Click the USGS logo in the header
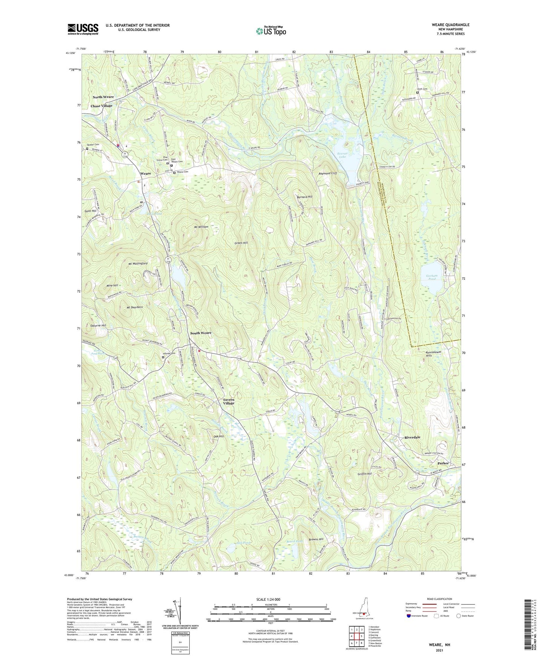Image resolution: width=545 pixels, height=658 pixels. click(x=83, y=29)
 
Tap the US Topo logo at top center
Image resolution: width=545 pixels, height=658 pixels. click(x=270, y=31)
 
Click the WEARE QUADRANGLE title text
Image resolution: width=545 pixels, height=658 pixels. click(x=451, y=25)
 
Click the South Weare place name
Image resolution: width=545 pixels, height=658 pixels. click(x=201, y=333)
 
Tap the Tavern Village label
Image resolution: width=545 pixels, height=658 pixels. click(x=228, y=401)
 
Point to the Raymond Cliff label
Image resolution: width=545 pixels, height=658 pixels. click(x=328, y=173)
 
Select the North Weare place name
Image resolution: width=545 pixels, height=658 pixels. click(x=103, y=97)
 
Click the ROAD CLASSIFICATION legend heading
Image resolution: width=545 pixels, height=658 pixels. click(x=439, y=599)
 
